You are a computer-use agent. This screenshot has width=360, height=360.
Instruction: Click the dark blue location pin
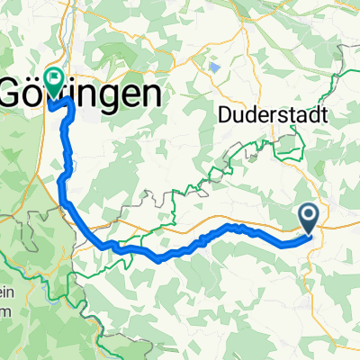(308, 216)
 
